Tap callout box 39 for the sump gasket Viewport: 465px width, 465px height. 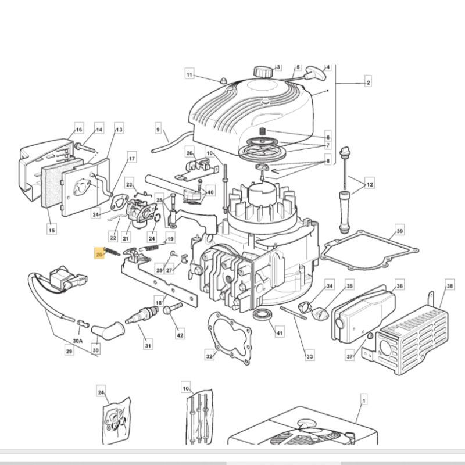[399, 231]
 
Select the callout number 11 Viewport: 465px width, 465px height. [189, 74]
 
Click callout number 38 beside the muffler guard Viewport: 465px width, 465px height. [449, 286]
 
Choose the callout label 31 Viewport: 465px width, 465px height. [148, 346]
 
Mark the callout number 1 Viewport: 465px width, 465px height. [363, 400]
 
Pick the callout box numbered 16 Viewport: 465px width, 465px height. [79, 129]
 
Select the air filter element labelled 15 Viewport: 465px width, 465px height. [52, 183]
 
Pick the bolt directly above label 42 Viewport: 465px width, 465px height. [170, 310]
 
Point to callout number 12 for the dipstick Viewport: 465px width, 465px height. [370, 185]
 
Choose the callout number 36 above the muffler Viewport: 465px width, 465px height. [399, 286]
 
